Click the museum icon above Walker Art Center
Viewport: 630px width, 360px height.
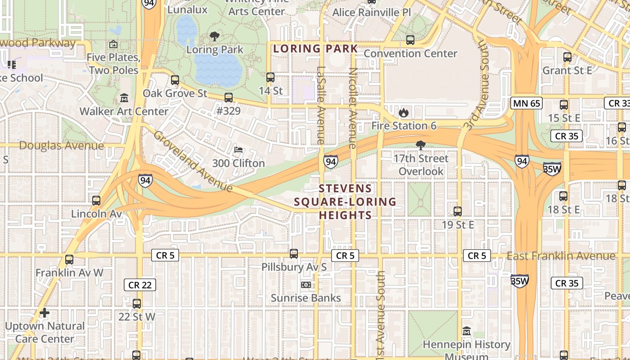(124, 98)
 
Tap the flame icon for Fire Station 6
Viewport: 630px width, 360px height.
(404, 112)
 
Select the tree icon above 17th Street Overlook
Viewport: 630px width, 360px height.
(421, 145)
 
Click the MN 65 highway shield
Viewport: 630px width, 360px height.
(526, 103)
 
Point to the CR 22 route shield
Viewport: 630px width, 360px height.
(139, 284)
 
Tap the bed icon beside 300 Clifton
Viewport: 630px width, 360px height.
(238, 150)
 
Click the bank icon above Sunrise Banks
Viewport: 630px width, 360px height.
(306, 285)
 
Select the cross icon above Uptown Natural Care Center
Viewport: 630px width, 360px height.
(44, 312)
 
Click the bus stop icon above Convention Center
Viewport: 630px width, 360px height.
(410, 40)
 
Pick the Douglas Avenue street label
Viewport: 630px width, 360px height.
(61, 145)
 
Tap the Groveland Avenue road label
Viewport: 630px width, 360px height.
(193, 161)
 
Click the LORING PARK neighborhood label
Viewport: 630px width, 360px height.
(315, 49)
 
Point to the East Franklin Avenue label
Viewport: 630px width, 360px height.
(561, 256)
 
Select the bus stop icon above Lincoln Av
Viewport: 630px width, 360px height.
(96, 200)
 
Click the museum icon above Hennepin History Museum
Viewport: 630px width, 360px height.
(466, 332)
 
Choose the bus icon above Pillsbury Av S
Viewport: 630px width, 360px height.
(294, 254)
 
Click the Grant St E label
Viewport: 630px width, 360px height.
(567, 71)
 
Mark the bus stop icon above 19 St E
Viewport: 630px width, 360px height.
(458, 211)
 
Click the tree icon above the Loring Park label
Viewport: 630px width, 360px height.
(215, 36)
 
